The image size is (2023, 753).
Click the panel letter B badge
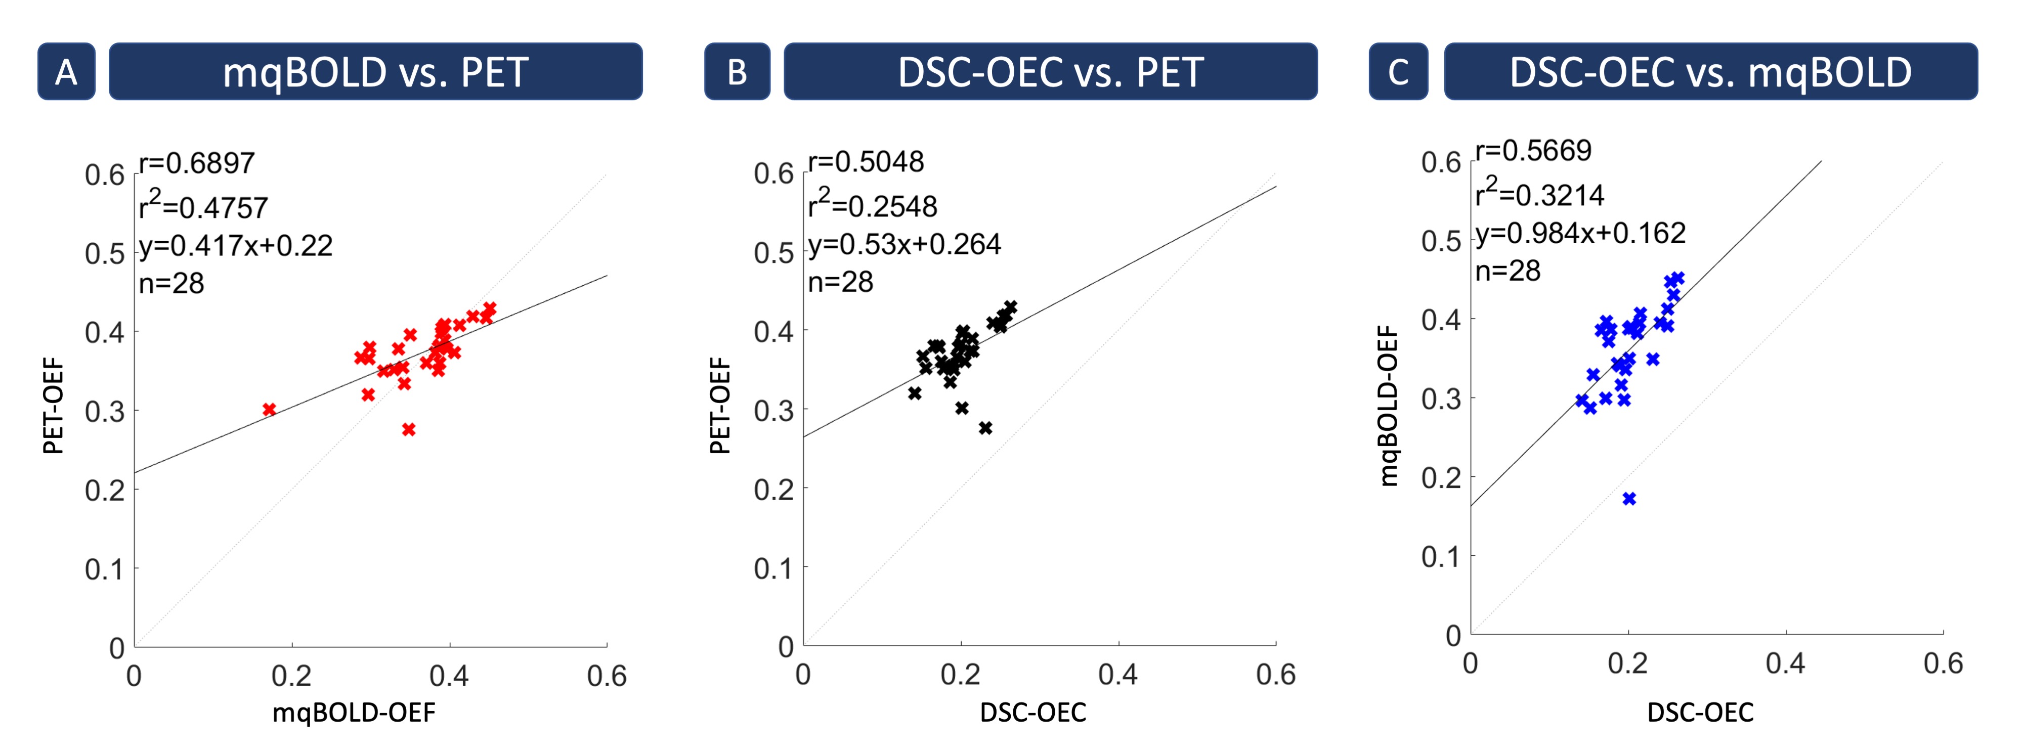(x=737, y=71)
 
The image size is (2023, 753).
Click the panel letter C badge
(x=1398, y=71)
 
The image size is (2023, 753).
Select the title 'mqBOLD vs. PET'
(x=375, y=71)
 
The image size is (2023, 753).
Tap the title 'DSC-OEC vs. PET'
(x=1050, y=71)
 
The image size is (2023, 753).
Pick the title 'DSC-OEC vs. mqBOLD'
(x=1710, y=71)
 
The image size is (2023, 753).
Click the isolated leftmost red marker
(x=269, y=409)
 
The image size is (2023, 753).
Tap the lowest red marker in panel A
(x=408, y=429)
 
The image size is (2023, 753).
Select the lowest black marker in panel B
(x=985, y=428)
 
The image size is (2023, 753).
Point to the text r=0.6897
(x=197, y=163)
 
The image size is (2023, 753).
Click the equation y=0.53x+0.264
(x=905, y=244)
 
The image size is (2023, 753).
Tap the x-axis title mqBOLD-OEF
(x=354, y=712)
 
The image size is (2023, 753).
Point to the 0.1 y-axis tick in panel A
(x=105, y=568)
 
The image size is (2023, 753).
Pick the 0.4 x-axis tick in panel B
(x=1117, y=675)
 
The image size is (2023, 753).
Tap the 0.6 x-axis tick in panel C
(x=1943, y=663)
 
